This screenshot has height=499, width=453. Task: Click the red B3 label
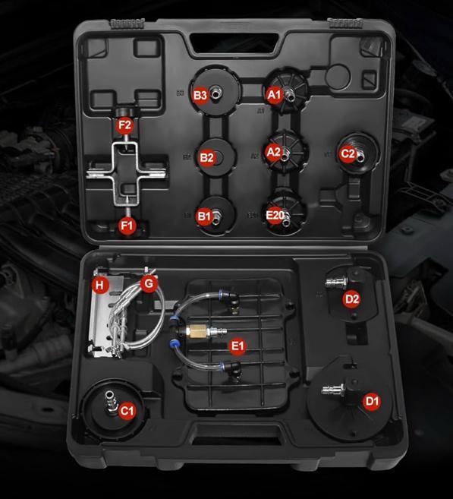[200, 95]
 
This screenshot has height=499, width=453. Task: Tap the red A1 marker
[275, 94]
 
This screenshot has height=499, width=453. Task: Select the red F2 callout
[124, 125]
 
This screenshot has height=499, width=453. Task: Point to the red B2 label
[206, 157]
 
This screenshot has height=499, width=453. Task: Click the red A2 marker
[273, 152]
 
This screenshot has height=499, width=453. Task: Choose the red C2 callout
[348, 154]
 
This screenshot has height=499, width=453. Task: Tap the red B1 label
[204, 216]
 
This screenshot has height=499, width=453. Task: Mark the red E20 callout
[275, 216]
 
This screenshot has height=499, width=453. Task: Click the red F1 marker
[127, 226]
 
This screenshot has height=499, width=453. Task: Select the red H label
[100, 285]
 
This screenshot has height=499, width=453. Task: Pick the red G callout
[149, 283]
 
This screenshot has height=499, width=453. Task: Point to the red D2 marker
[351, 298]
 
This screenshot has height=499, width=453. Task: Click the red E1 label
[238, 346]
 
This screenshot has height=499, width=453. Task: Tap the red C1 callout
[127, 411]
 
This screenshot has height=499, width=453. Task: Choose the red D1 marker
[372, 401]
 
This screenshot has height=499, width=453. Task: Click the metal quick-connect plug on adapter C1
[111, 403]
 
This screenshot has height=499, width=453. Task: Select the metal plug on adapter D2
[337, 282]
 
